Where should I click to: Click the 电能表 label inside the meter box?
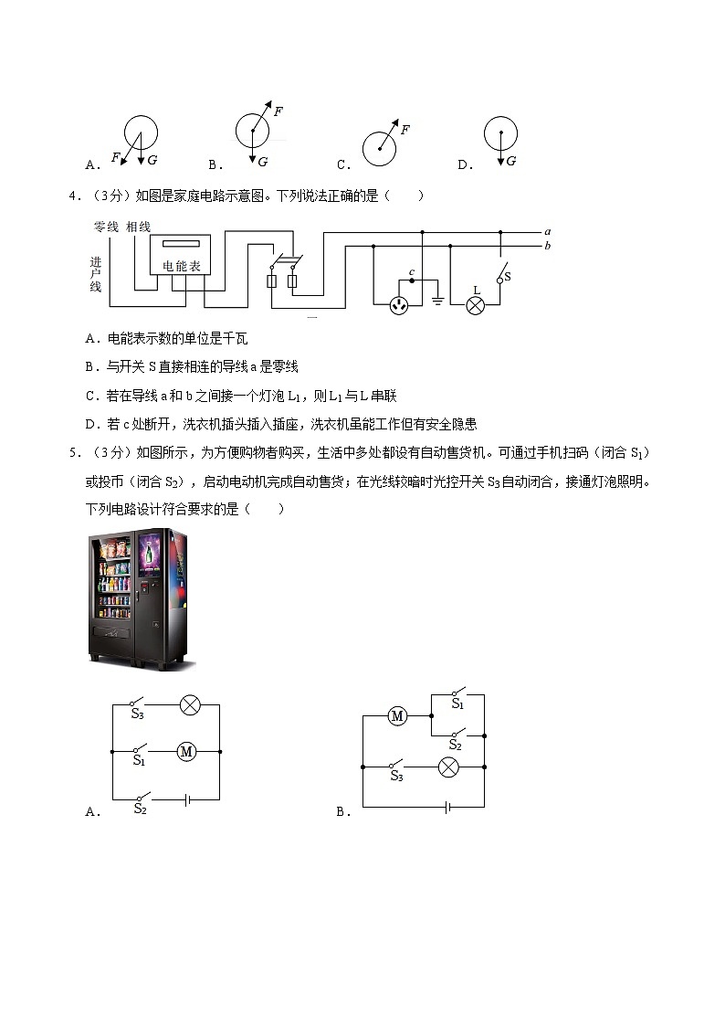click(181, 266)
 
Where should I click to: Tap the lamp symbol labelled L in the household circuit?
click(475, 305)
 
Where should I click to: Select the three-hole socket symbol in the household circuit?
click(399, 305)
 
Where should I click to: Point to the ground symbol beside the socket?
click(437, 300)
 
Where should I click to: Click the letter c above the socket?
click(412, 271)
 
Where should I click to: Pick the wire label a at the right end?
click(546, 232)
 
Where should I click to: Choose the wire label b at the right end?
click(546, 246)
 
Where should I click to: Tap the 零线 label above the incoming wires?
click(107, 226)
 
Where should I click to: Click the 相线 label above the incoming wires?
click(139, 226)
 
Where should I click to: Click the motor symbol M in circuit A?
click(187, 751)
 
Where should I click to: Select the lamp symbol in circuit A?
click(189, 704)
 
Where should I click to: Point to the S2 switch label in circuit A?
click(141, 809)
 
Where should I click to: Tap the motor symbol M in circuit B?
click(397, 716)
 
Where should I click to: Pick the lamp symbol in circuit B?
click(448, 767)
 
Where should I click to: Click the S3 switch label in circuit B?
click(396, 777)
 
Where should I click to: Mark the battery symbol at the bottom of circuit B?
click(447, 807)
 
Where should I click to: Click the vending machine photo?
click(142, 598)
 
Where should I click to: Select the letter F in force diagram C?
click(405, 130)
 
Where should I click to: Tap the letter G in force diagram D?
click(510, 161)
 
